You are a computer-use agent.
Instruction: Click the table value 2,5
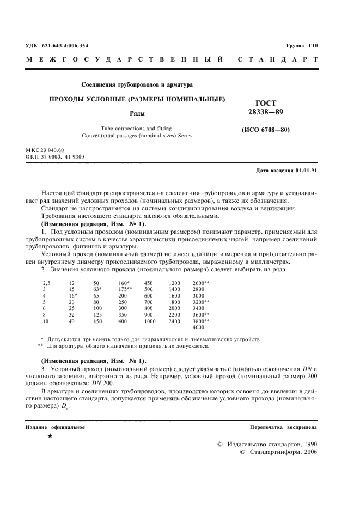click(47, 284)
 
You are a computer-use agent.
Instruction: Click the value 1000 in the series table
click(150, 322)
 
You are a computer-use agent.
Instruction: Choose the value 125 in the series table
click(98, 314)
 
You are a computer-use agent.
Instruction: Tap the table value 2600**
click(202, 284)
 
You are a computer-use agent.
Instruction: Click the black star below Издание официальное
click(51, 437)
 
